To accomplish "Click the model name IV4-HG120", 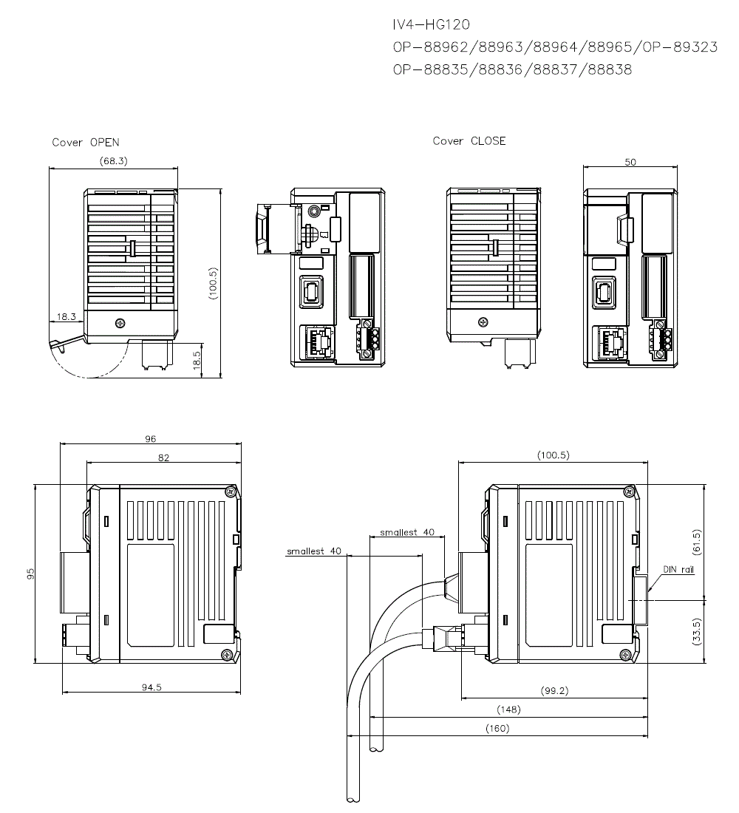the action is [x=431, y=24].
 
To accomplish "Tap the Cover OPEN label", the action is [x=86, y=142].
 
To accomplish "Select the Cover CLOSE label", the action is [x=469, y=141].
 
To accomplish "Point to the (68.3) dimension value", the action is [x=113, y=160].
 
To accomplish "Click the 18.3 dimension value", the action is [x=66, y=316].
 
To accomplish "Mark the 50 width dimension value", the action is [x=630, y=163].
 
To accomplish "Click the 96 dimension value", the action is [x=151, y=439].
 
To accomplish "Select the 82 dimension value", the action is [x=163, y=457].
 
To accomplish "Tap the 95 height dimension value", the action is [x=30, y=574].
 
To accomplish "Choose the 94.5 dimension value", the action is [x=151, y=687].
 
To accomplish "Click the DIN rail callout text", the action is [x=678, y=570].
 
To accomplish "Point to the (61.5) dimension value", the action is [x=696, y=541].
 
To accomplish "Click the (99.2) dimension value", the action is [x=554, y=690].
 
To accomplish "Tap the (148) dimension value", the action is [x=508, y=710].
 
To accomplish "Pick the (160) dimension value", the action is [x=497, y=729].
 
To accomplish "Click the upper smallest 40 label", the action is [x=407, y=532].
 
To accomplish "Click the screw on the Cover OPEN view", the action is [x=120, y=324].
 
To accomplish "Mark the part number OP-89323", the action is [x=680, y=47].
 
